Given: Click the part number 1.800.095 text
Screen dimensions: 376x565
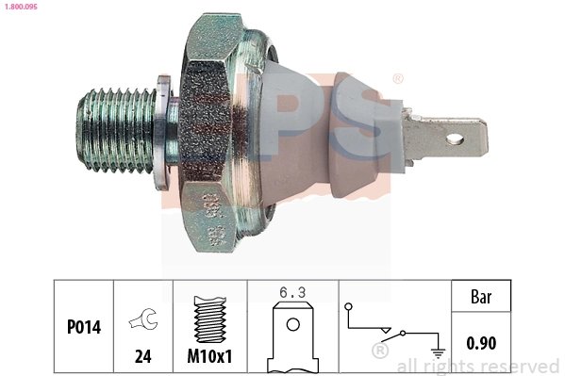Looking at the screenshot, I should [22, 7].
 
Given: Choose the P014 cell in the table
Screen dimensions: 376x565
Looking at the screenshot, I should [83, 328].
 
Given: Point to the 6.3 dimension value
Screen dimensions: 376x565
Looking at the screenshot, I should [292, 292].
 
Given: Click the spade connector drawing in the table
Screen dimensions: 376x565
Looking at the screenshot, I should [292, 335].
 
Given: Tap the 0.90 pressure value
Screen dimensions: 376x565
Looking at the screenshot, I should [482, 344].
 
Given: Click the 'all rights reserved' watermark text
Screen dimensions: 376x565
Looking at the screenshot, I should [478, 366].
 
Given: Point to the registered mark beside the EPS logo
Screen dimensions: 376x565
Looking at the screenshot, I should [398, 80].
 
